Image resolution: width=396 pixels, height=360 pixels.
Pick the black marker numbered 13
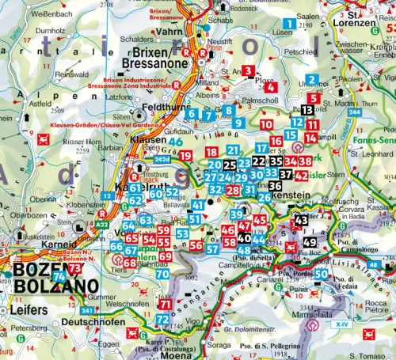point(307,110)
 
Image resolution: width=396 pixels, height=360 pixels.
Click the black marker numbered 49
point(310,242)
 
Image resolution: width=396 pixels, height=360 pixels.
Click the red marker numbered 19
point(185,156)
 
